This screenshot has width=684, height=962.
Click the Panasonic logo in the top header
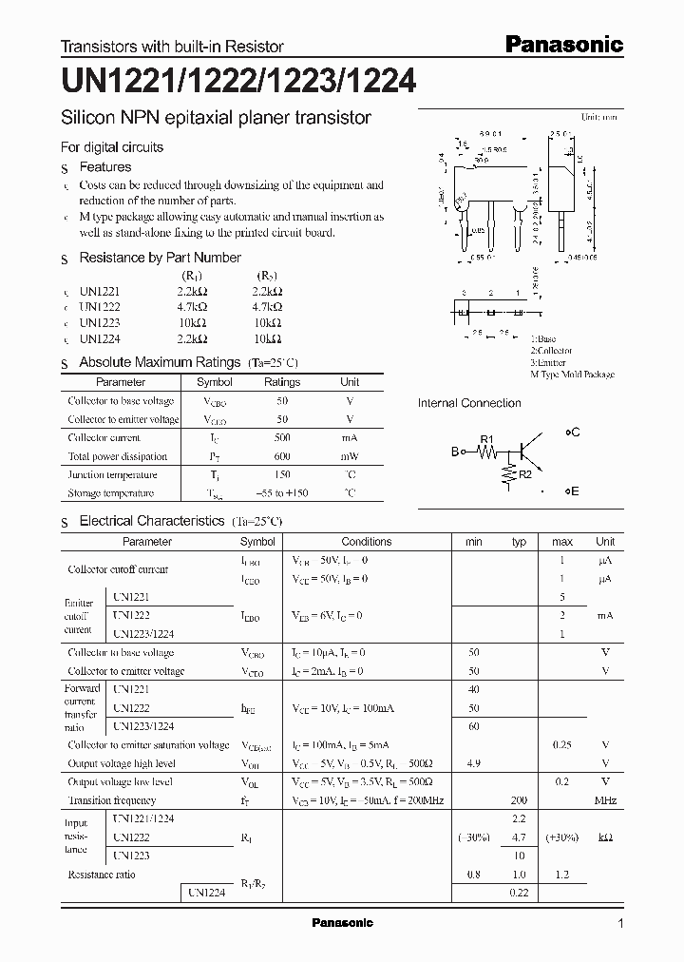562,45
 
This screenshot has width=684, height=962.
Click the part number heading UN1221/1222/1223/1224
238,82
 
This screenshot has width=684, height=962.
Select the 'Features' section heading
104,167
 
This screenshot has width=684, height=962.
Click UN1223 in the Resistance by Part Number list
100,323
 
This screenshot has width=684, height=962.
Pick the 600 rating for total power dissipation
282,456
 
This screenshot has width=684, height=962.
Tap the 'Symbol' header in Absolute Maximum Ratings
215,382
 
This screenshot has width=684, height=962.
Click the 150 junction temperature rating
282,474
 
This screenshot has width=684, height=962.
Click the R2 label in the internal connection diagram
524,472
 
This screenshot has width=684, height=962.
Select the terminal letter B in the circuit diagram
454,452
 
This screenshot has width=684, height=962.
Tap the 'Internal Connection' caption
469,403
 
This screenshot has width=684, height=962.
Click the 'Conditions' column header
366,542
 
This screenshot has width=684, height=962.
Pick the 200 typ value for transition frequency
519,800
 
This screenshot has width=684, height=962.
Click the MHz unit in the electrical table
605,800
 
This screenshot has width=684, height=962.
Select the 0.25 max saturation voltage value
562,745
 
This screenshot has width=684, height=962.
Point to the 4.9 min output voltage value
474,763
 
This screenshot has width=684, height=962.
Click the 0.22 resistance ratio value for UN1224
519,893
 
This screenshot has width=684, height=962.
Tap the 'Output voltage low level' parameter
120,781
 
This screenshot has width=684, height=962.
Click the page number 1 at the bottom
620,924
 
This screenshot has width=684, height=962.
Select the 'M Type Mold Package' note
572,375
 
